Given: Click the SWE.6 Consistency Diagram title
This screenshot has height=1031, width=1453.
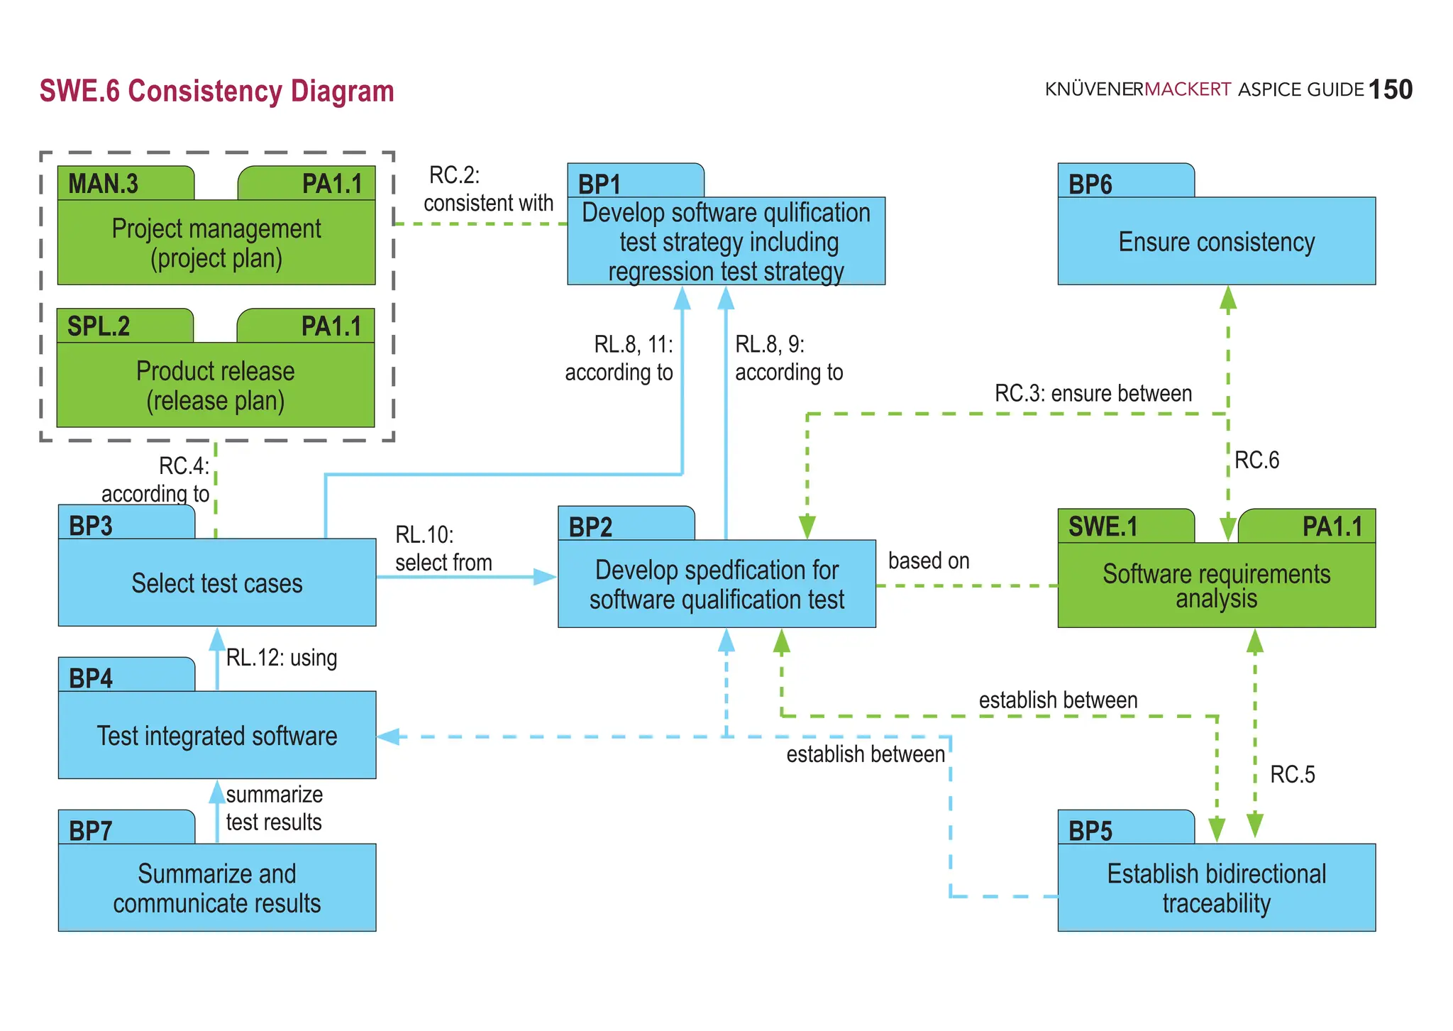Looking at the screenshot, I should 216,92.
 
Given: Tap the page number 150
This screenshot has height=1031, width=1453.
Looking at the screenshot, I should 1390,90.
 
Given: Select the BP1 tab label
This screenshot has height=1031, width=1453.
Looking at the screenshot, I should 600,184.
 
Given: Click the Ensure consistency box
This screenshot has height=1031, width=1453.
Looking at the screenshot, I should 1216,241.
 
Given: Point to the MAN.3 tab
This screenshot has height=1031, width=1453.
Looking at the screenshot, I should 104,184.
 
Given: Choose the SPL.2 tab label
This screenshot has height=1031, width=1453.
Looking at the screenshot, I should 99,326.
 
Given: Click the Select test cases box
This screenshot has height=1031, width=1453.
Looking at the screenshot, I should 216,583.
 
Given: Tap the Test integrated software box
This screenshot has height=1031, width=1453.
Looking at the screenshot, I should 216,735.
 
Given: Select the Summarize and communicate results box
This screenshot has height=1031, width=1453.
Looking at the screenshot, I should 216,887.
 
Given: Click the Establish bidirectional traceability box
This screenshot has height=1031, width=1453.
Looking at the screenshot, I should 1216,887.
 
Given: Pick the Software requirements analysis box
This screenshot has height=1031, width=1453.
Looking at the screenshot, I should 1216,585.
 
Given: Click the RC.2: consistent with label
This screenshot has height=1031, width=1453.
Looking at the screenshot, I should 487,189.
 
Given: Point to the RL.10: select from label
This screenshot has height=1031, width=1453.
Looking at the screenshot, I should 443,548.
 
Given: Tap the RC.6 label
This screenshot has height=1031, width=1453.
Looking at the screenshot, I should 1256,460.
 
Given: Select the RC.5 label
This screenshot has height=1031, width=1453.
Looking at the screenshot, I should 1292,774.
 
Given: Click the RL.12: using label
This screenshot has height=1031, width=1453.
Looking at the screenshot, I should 281,658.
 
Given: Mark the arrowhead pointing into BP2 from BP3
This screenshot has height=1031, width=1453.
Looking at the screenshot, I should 545,577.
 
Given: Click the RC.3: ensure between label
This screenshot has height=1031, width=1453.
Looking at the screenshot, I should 1093,393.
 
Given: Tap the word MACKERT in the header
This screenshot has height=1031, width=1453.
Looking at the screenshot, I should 1187,89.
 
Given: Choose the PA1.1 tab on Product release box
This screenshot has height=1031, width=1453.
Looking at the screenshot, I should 331,326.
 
